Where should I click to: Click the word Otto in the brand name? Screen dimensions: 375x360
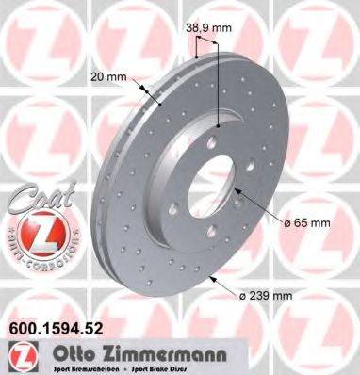pos(59,352)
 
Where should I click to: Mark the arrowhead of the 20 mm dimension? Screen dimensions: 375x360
pos(150,92)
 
